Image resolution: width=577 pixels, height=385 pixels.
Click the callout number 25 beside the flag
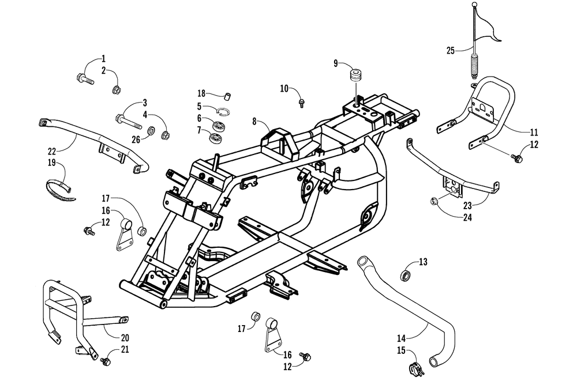451,50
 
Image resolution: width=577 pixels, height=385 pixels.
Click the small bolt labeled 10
302,102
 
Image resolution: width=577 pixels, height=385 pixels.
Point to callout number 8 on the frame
254,121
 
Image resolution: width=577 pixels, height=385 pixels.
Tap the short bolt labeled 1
85,79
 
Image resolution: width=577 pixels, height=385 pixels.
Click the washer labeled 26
151,130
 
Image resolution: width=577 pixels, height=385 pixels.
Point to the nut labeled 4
166,135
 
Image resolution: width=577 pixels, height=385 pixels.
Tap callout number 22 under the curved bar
52,151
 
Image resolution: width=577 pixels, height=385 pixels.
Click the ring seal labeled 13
406,275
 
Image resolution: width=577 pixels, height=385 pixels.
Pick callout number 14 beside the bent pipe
401,338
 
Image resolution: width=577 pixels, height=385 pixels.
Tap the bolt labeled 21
106,362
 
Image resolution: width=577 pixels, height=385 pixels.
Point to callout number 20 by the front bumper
125,338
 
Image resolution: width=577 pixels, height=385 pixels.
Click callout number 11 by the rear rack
534,131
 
